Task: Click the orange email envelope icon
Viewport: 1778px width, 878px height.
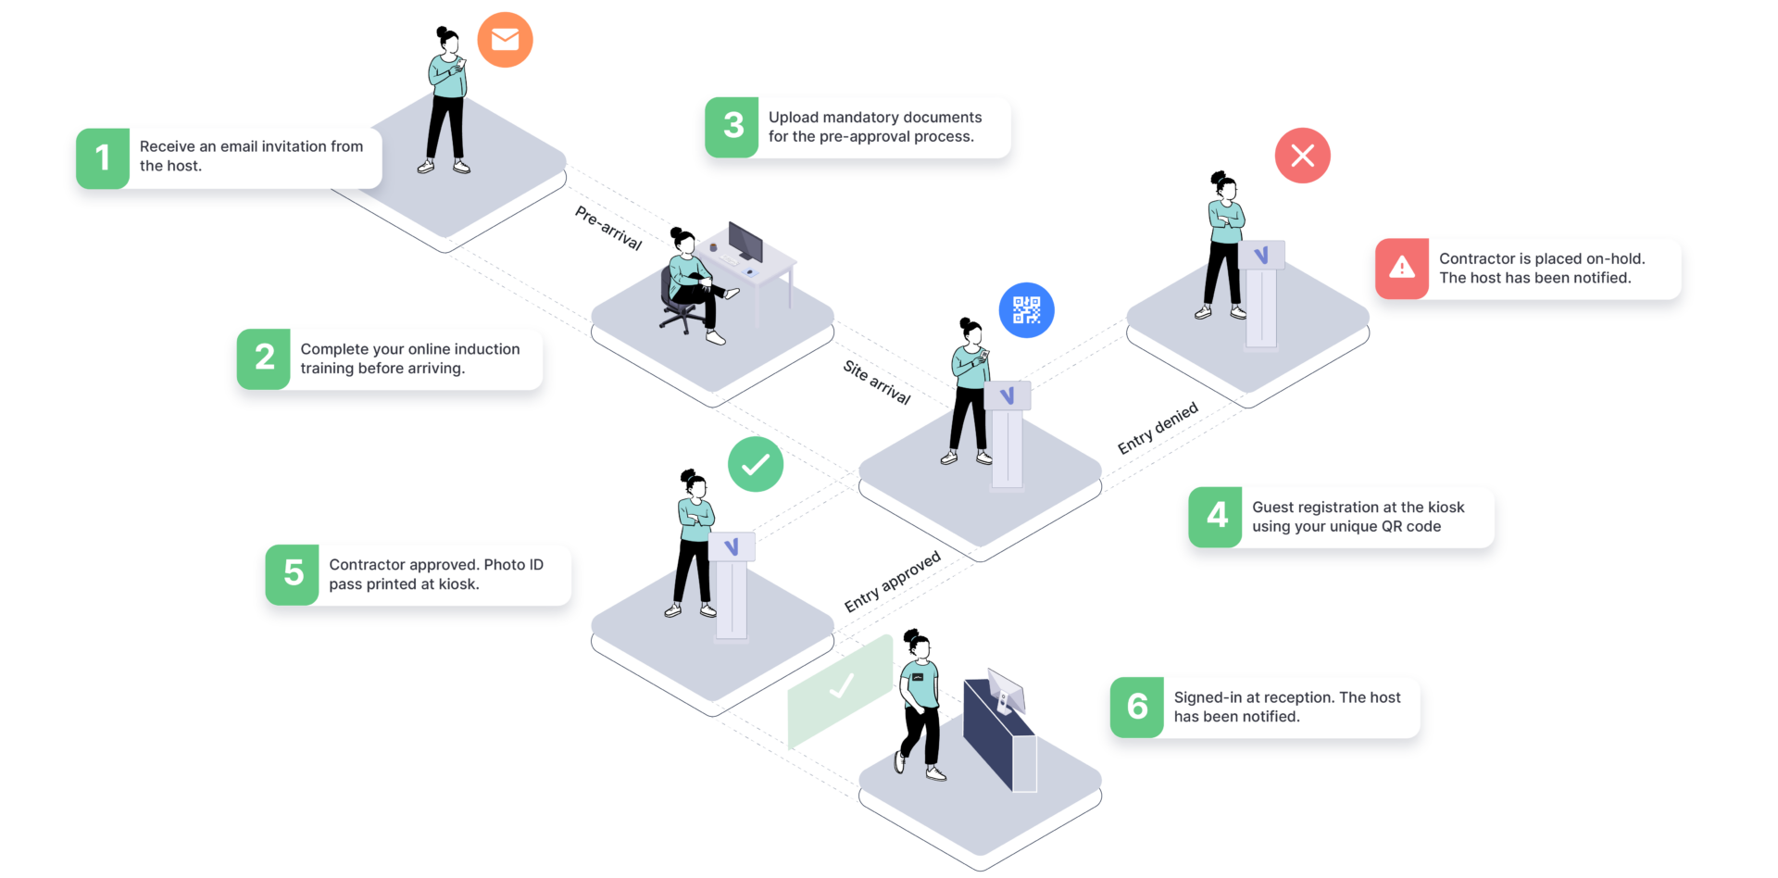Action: [505, 40]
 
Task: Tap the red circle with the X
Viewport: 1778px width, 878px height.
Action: [1302, 156]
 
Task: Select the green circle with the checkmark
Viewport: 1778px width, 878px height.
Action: [755, 464]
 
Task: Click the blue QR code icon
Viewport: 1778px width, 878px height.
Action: [1026, 310]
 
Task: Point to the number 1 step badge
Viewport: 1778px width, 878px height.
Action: [103, 158]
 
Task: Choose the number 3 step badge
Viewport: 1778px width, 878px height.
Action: [732, 126]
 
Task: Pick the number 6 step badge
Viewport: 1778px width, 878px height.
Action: [1137, 707]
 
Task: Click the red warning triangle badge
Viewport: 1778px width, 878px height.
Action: [1402, 269]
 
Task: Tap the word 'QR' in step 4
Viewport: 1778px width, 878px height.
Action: [1391, 526]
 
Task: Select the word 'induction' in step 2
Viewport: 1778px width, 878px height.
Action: [487, 348]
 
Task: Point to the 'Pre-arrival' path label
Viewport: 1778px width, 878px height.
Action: [607, 228]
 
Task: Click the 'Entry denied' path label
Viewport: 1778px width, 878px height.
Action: [1158, 429]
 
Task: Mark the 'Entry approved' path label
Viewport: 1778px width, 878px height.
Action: [892, 582]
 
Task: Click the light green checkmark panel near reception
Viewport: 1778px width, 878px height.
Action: [840, 690]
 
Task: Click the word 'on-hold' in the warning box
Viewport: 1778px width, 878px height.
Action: [1615, 258]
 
